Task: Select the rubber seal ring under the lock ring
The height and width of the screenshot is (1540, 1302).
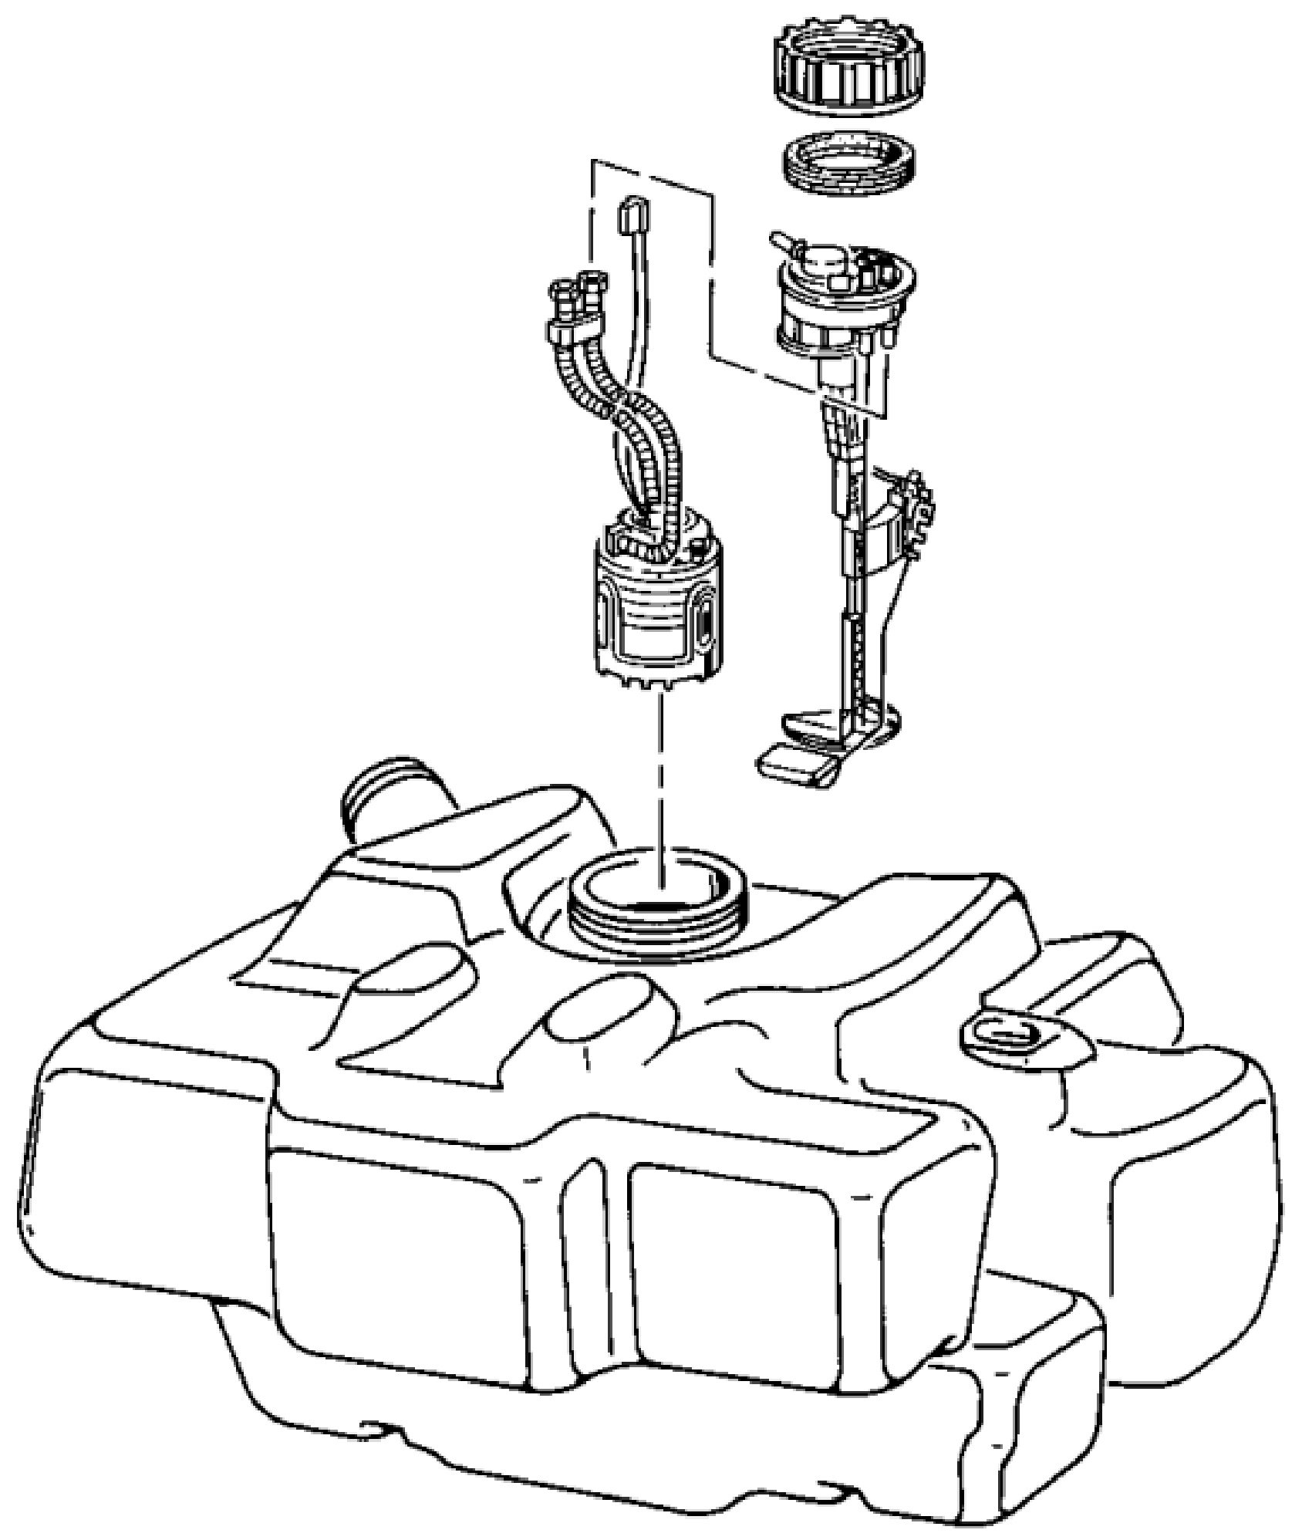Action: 848,166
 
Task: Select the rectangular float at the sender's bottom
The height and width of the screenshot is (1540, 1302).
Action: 799,768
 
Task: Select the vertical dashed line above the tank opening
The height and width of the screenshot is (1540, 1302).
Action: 661,779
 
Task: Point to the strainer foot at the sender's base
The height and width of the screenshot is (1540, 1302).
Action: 833,729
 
